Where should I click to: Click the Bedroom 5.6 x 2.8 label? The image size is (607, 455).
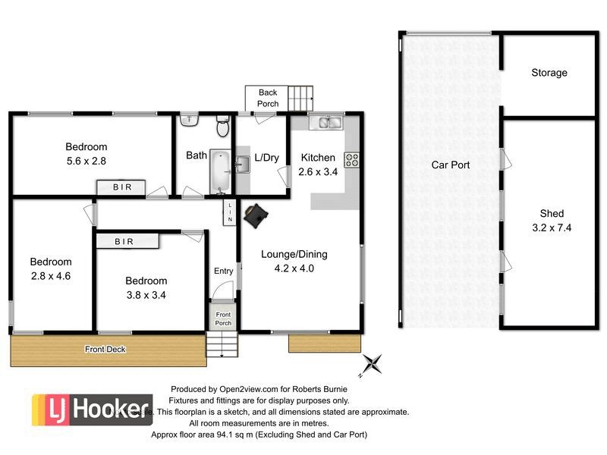(x=86, y=154)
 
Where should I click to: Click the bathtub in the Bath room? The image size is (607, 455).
(x=219, y=171)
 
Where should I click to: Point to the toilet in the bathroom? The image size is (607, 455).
(x=222, y=124)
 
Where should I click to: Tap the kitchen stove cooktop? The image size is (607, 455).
(x=352, y=159)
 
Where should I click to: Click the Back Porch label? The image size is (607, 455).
(x=268, y=98)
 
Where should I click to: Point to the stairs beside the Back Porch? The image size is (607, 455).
(x=301, y=98)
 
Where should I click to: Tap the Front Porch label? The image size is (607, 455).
(x=223, y=318)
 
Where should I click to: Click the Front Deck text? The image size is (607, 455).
(x=105, y=350)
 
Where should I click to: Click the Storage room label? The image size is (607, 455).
(x=549, y=74)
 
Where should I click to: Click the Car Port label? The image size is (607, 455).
(x=451, y=165)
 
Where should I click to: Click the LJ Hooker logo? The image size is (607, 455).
(x=91, y=409)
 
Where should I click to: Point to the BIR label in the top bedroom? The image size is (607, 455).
(x=119, y=187)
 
